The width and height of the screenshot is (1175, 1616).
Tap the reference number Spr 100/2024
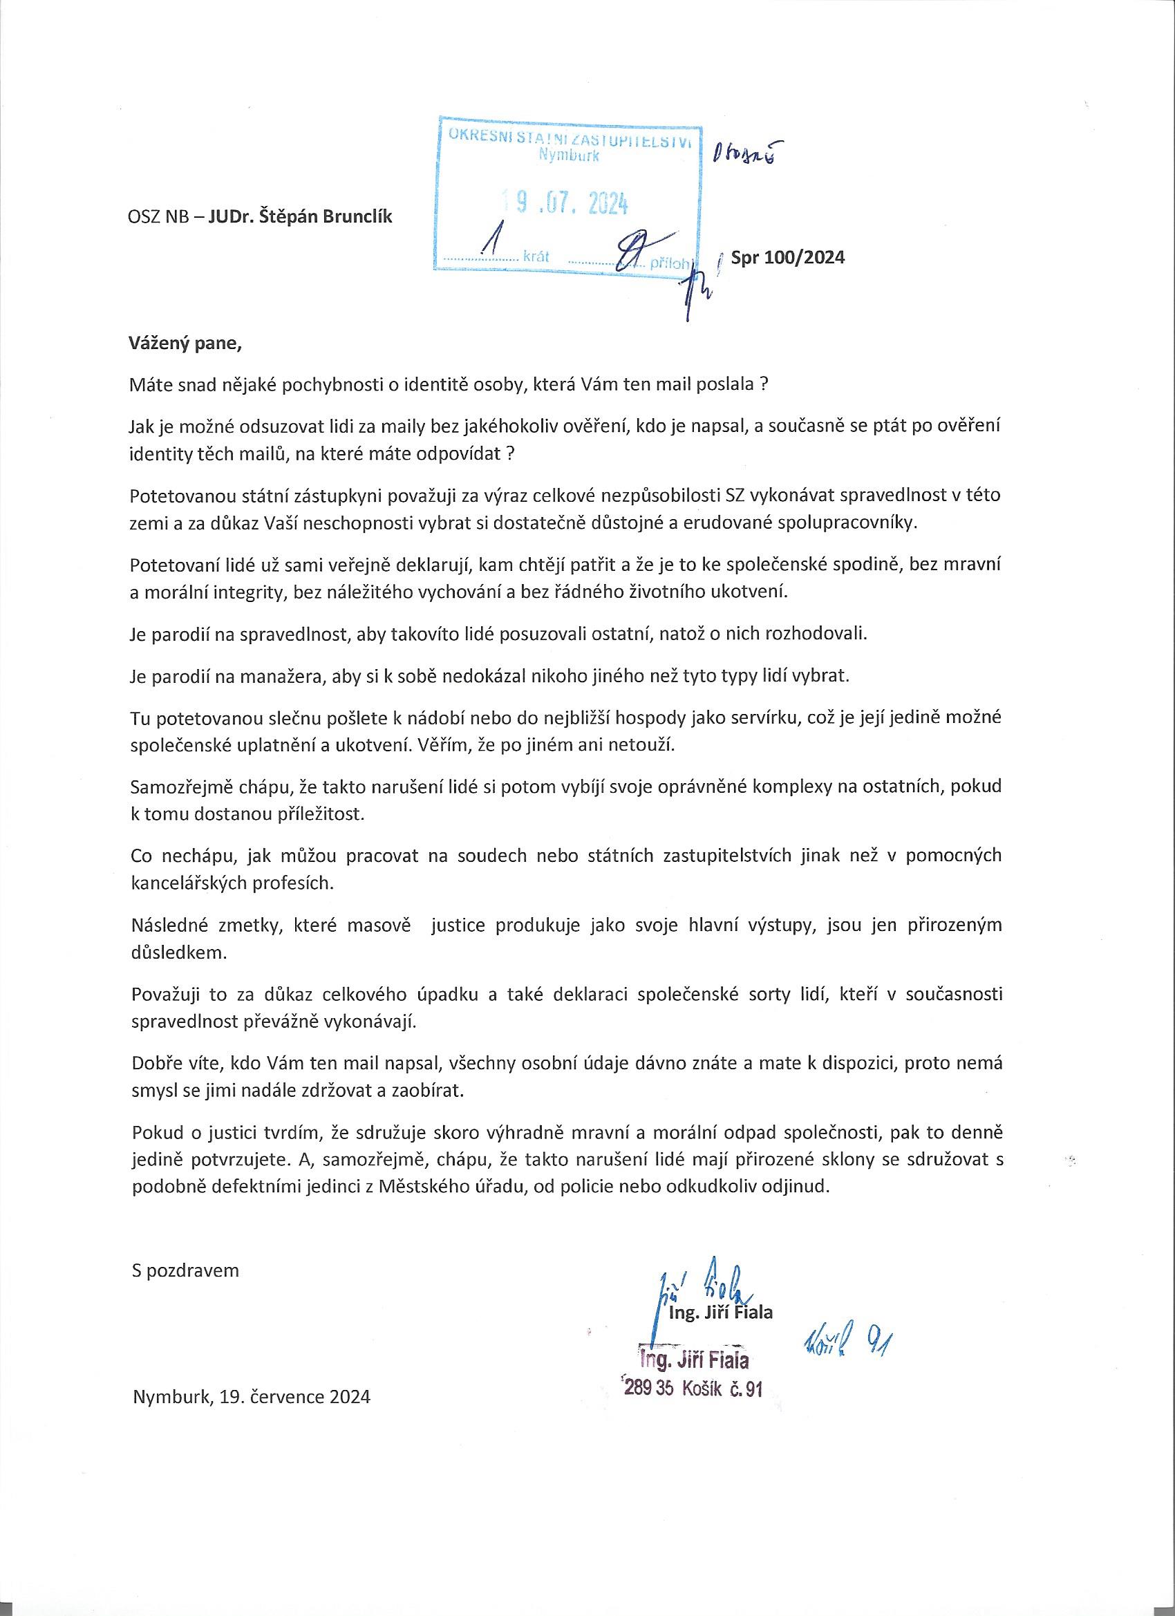[787, 257]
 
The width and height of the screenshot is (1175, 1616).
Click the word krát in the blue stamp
[535, 256]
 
